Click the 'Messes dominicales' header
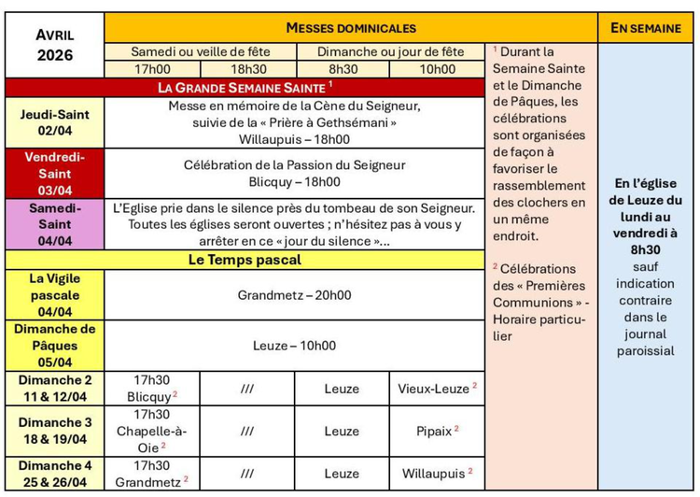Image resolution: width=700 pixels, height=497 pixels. pos(351,28)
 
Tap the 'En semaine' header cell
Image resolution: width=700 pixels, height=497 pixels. pos(646,28)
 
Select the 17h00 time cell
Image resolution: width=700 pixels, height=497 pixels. pos(152,69)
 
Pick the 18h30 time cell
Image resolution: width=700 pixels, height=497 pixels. pos(248,69)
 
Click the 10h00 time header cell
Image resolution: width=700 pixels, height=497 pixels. pos(437,69)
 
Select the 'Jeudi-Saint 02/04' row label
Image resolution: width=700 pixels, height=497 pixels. pos(55,122)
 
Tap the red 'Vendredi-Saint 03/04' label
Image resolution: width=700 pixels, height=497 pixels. pos(55,173)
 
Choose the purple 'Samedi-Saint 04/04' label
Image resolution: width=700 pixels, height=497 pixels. pos(55,223)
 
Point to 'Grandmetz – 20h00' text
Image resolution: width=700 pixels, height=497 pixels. pos(294,295)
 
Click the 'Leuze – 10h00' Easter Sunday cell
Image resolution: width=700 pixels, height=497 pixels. pos(294,346)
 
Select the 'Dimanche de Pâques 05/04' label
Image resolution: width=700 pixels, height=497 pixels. pos(55,346)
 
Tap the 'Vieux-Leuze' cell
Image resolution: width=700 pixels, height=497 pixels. pos(437,388)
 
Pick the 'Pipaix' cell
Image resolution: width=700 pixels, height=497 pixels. pos(437,431)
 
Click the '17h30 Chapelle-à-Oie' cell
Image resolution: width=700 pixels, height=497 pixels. pos(152,431)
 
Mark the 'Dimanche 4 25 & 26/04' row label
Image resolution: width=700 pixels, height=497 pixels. pos(55,473)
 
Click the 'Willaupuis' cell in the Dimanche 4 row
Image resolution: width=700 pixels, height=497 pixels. pos(437,474)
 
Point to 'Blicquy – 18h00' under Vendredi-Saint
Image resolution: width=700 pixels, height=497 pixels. pos(294,181)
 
